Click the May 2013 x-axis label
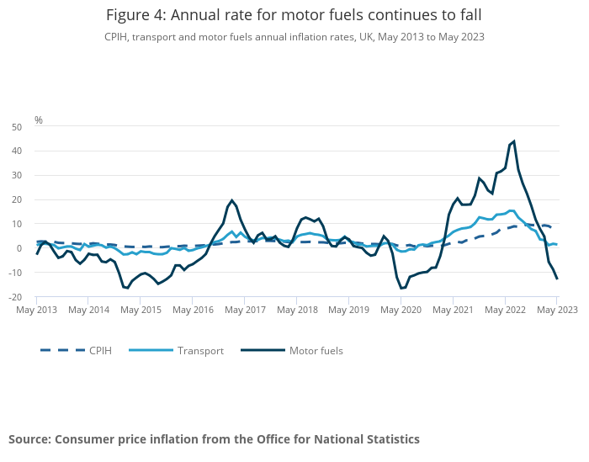[x=37, y=310]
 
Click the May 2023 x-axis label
[x=556, y=310]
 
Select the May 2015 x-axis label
[x=141, y=310]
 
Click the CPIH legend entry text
[x=101, y=351]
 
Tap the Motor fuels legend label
[x=316, y=351]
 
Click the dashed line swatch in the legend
[x=61, y=351]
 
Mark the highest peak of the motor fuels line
[x=513, y=141]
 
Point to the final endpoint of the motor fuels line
[x=557, y=279]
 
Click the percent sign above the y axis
[x=38, y=120]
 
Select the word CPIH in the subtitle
[x=117, y=37]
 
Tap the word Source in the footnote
[x=29, y=439]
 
